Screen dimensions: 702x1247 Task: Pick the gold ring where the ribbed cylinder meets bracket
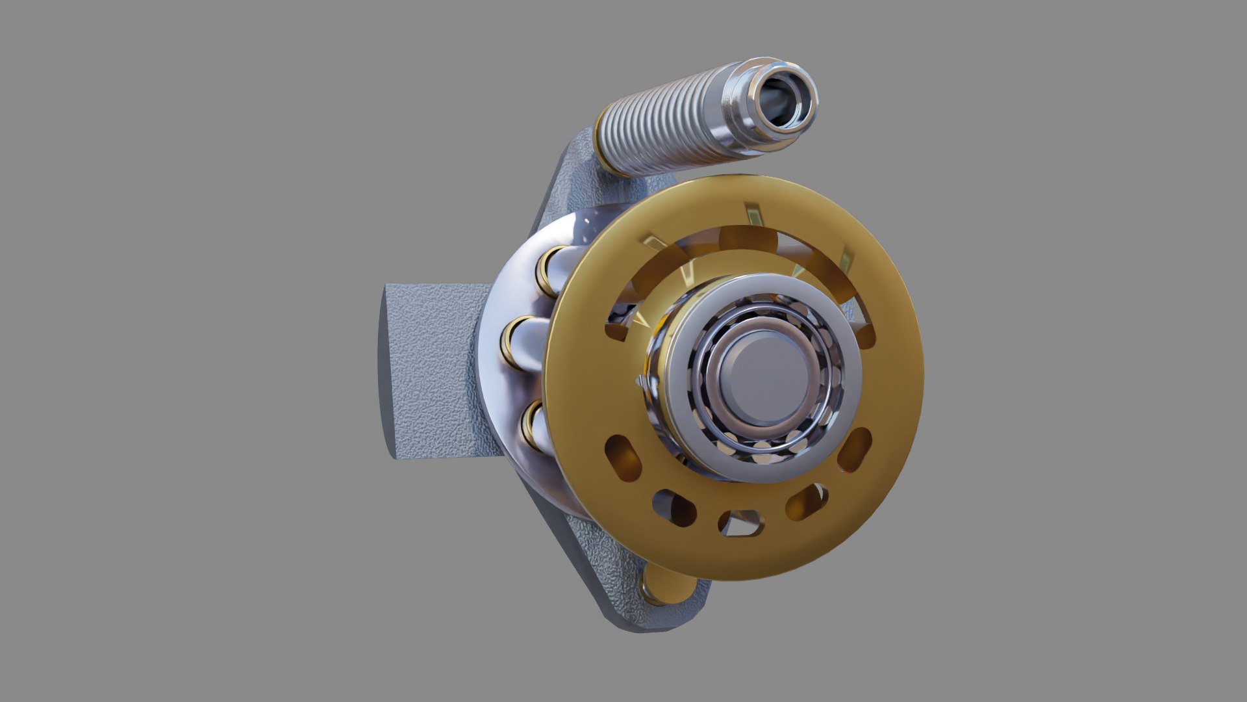click(607, 159)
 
